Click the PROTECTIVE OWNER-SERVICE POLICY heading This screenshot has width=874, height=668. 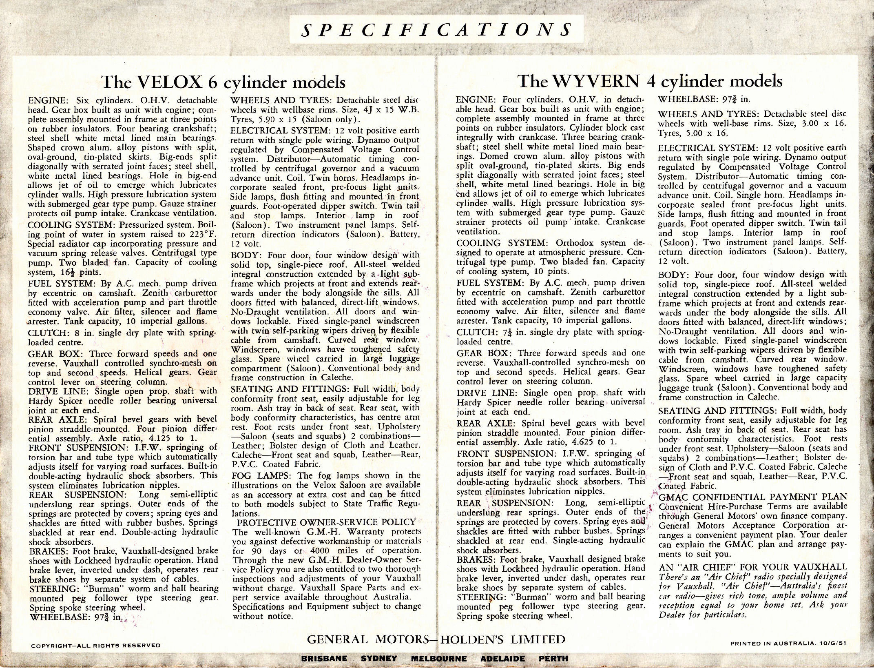(327, 522)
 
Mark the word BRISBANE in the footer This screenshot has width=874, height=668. (324, 658)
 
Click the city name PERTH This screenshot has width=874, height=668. (553, 658)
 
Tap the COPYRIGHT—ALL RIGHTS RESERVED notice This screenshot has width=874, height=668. (96, 645)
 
